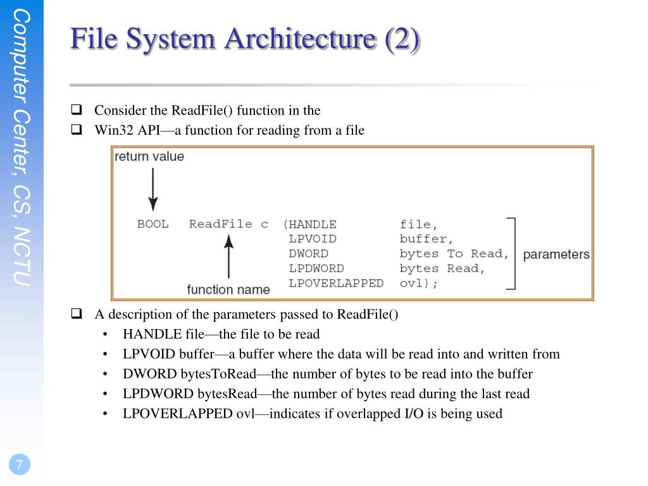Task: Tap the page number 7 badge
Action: click(x=20, y=465)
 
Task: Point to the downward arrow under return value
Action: click(x=153, y=190)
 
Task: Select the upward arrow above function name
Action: click(x=228, y=256)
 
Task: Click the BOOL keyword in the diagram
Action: click(x=153, y=224)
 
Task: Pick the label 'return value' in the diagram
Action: click(x=149, y=156)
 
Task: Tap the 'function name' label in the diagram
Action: click(x=228, y=290)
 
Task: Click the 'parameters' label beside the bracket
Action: click(x=556, y=254)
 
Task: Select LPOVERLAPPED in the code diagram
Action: click(x=336, y=283)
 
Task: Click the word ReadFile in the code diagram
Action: click(x=220, y=224)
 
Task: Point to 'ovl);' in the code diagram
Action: click(x=419, y=283)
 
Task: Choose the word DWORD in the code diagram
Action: click(x=308, y=254)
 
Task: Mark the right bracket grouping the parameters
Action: click(x=513, y=254)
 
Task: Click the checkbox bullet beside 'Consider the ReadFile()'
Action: click(x=77, y=109)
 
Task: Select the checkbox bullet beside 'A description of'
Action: click(x=77, y=313)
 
